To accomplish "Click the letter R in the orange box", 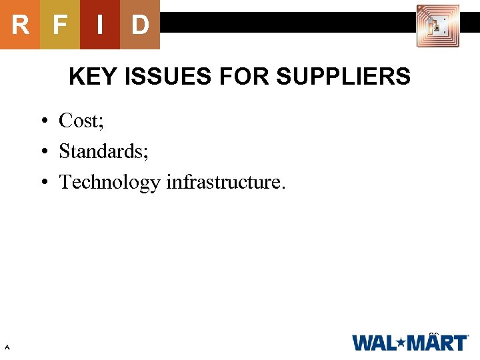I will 20,25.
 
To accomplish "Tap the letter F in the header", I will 60,25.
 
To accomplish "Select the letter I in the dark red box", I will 100,25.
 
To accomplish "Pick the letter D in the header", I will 140,25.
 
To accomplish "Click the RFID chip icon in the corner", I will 437,26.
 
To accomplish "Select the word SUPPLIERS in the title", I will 343,77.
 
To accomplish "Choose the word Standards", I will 101,151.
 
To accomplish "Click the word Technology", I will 110,182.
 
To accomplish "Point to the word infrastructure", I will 225,182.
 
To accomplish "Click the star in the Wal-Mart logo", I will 401,343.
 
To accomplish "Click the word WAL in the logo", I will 375,343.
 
